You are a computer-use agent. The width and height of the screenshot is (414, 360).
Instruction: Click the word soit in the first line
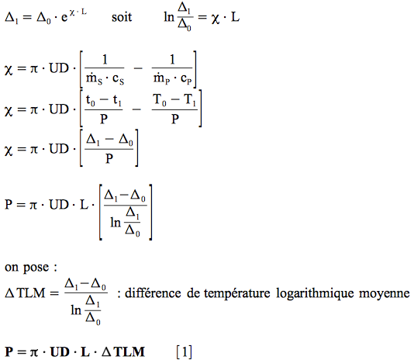coord(122,17)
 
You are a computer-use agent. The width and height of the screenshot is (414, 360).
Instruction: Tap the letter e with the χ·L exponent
coord(64,18)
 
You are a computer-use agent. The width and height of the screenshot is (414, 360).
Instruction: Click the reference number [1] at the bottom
coord(184,351)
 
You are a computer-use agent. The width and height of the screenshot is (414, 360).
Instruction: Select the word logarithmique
coord(315,294)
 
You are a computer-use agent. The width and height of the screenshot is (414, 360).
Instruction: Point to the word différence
coord(153,293)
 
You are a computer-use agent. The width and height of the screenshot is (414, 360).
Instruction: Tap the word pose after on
coord(36,268)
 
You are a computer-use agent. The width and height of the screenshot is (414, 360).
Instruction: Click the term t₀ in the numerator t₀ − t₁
coord(90,101)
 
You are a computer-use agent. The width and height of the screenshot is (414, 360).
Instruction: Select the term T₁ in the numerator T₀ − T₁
coord(190,100)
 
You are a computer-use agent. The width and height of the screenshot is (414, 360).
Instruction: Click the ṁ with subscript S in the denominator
coord(95,79)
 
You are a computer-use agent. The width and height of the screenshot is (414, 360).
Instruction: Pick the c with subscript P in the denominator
coord(186,79)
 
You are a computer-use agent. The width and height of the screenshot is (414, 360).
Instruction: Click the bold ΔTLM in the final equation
coord(123,351)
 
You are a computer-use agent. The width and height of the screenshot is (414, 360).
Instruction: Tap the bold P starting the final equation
coord(9,351)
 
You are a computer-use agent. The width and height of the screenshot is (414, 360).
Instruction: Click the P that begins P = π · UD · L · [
coord(9,205)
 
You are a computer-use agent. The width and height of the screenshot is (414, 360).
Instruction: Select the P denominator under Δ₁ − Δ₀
coord(109,158)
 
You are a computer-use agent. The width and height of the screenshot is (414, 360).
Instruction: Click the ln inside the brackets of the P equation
coord(116,223)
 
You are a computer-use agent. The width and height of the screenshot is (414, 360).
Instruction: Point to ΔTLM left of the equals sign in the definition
coord(25,293)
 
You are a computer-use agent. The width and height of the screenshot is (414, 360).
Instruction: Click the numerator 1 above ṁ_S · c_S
coord(105,60)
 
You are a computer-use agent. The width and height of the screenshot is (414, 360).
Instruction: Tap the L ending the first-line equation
coord(235,17)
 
